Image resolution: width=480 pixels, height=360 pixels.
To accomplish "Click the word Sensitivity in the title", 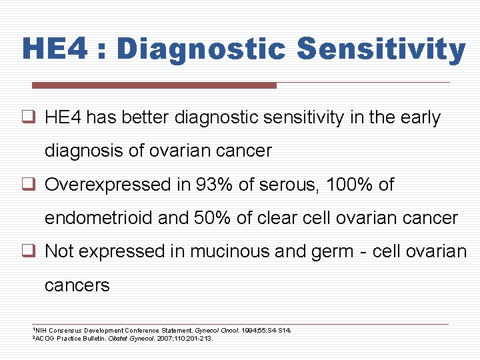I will (x=381, y=50).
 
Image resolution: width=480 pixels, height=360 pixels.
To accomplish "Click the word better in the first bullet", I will (x=145, y=118).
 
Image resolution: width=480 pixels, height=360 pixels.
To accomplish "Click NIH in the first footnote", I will (x=41, y=330).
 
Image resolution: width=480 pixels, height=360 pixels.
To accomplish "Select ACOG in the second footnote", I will (x=45, y=339).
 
